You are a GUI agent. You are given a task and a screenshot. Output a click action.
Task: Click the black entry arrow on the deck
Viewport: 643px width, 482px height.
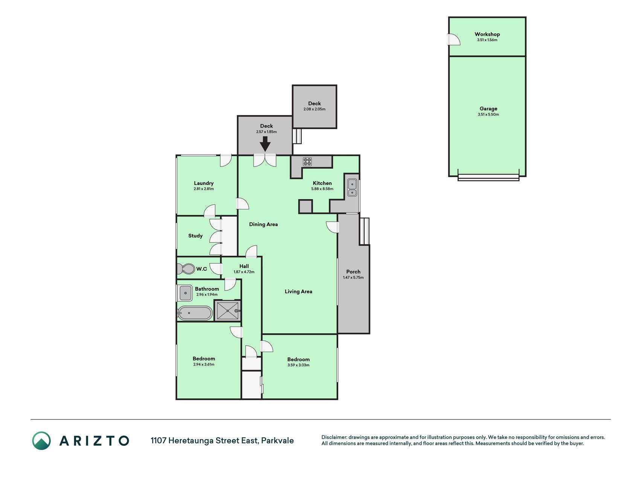click(265, 144)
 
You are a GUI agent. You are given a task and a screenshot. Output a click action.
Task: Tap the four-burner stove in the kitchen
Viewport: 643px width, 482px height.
click(307, 162)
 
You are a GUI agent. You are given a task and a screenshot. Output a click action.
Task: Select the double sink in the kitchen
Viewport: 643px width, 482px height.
click(352, 188)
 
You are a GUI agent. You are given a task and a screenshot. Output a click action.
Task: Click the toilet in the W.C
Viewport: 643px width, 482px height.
click(185, 269)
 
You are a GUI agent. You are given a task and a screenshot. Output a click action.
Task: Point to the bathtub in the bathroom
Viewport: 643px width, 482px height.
click(195, 313)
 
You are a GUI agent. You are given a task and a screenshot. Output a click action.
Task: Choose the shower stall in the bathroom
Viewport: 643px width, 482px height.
click(228, 311)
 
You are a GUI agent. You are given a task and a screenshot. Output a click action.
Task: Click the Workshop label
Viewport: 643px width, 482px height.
click(487, 34)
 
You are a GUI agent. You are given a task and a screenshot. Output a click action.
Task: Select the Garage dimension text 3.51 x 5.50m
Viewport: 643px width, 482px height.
click(488, 114)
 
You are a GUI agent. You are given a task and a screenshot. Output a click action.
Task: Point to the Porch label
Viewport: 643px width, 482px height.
click(353, 272)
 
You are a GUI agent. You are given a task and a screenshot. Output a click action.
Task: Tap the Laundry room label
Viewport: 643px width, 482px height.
click(204, 183)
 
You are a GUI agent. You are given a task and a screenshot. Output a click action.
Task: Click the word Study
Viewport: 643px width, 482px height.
click(195, 236)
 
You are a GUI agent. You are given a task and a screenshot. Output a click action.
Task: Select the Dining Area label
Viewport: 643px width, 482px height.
click(263, 224)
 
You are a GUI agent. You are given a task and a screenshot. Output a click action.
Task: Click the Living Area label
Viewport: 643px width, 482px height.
click(298, 291)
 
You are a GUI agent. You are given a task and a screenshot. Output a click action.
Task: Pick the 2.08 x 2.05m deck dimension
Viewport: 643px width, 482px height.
click(315, 109)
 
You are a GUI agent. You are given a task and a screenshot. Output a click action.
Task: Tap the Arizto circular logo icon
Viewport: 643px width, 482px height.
click(41, 441)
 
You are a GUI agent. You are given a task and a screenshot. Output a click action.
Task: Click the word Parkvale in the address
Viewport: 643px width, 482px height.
click(278, 441)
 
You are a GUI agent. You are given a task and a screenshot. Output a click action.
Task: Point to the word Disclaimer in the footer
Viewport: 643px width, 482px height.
click(334, 437)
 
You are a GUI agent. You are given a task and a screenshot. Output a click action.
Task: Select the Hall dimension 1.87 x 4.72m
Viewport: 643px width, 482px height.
click(244, 272)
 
